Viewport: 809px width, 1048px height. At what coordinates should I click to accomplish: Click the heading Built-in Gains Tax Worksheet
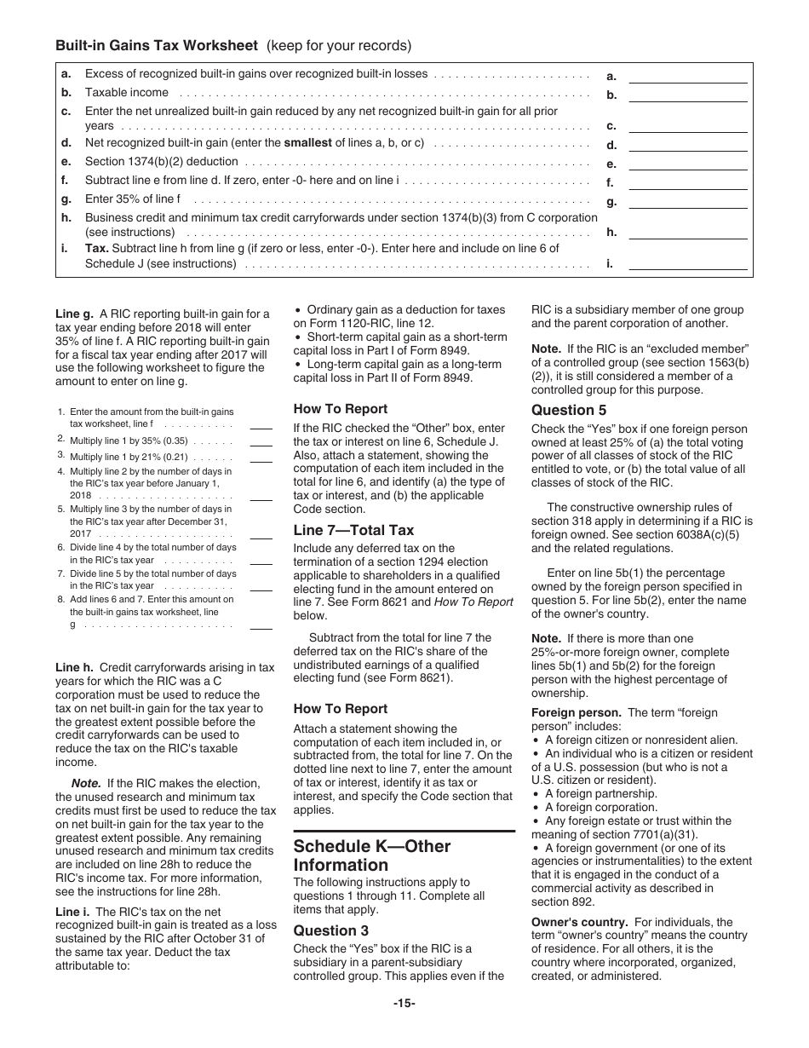[158, 45]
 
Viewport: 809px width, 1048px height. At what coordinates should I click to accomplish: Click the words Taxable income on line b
[127, 93]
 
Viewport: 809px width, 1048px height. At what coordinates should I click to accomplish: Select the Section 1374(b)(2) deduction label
[161, 162]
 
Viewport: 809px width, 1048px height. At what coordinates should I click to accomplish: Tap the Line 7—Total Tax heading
[353, 530]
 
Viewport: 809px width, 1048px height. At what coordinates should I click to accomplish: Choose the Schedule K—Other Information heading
[372, 855]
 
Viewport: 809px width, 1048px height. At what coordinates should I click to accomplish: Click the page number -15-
[404, 1003]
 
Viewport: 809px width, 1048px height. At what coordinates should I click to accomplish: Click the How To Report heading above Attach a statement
[340, 709]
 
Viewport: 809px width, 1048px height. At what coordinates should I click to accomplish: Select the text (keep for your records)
[339, 45]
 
